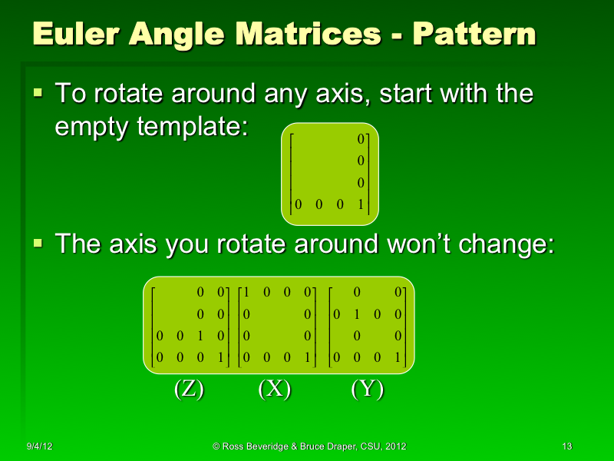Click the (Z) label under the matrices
coord(188,390)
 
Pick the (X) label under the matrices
coord(274,390)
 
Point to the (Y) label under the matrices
coord(367,390)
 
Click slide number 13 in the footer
coord(567,446)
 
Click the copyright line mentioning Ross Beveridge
coord(309,446)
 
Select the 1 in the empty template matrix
coord(360,205)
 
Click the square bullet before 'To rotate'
coord(38,94)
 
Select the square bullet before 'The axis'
coord(38,244)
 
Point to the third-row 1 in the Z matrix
coord(200,336)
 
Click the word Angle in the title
coord(177,36)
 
